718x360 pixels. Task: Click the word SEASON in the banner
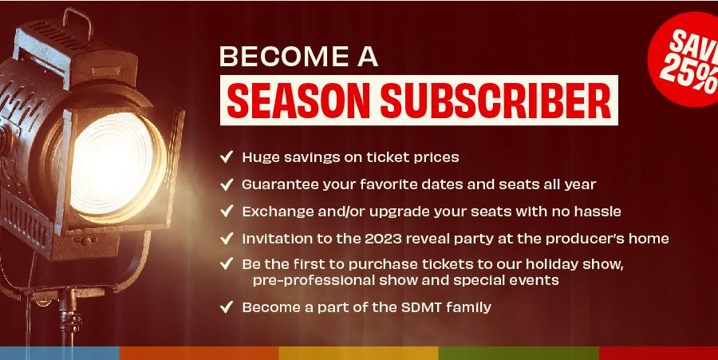pos(298,101)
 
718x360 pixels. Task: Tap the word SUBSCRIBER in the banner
pos(496,101)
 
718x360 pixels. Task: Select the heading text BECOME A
pos(298,57)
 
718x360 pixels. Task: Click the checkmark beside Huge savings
pos(227,156)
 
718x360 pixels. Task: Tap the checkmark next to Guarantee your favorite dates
pos(227,184)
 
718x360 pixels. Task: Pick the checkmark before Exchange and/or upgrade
pos(227,212)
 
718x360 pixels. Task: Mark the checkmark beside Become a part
pos(227,307)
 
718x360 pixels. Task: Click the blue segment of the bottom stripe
pos(60,353)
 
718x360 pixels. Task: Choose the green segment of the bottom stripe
pos(519,353)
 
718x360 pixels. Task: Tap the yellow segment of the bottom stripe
pos(358,353)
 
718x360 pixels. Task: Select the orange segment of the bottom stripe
pos(199,353)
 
